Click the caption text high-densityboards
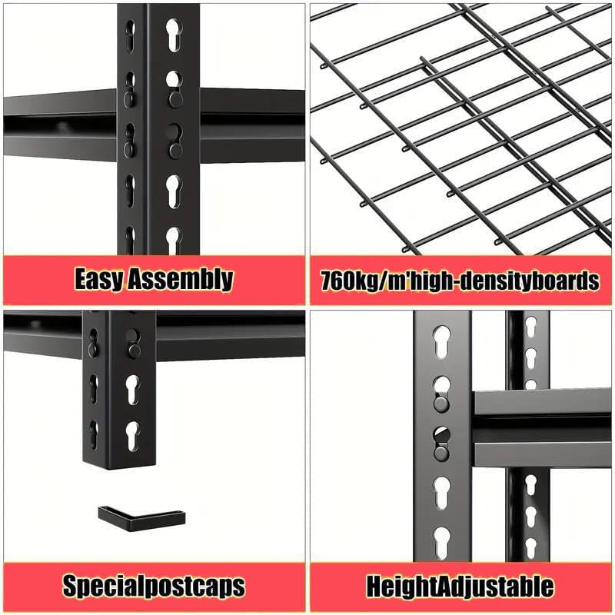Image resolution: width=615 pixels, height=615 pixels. (500, 280)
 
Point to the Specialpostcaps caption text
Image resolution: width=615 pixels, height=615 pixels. (154, 587)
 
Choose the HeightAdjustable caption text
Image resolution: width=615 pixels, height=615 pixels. (460, 587)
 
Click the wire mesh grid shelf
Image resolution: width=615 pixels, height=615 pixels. (461, 131)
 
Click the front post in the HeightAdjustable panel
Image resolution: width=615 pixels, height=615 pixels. (441, 438)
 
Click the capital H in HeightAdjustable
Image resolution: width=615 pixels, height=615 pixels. (375, 587)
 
